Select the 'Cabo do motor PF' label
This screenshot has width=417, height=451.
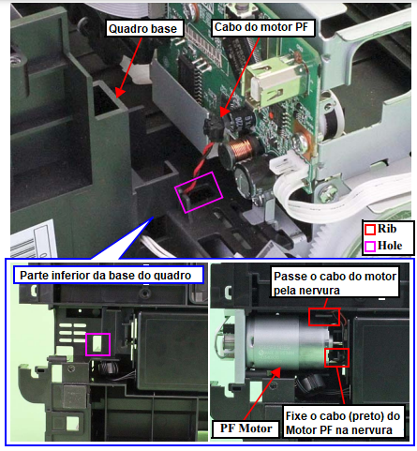click(262, 27)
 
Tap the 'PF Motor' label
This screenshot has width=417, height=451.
click(246, 428)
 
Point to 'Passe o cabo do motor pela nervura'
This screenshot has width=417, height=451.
click(335, 282)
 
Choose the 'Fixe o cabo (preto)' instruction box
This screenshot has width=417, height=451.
click(343, 422)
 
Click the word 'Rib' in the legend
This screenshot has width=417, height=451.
click(387, 229)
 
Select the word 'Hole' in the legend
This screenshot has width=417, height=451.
click(390, 246)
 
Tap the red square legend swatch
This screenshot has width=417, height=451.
click(370, 230)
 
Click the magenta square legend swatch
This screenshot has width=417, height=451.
click(370, 247)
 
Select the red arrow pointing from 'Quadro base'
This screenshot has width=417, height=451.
click(127, 67)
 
